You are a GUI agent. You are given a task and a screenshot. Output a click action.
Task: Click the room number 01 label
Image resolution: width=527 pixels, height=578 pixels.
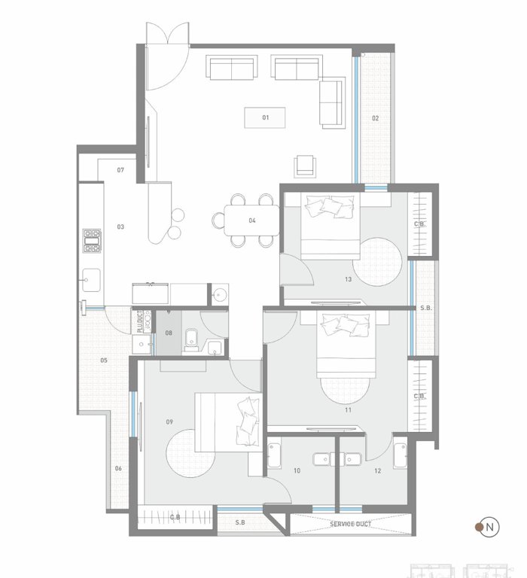(266, 118)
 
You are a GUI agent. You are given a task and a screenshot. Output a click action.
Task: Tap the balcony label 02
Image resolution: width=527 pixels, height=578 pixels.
(375, 118)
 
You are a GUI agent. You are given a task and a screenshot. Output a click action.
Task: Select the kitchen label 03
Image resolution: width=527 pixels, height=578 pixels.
(120, 226)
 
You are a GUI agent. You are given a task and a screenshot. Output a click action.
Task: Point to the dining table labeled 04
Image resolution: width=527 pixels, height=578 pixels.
(251, 221)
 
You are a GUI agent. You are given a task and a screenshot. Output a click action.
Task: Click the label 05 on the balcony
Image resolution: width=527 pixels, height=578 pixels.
(104, 360)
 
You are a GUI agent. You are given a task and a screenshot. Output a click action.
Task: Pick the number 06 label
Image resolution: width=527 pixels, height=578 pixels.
(118, 468)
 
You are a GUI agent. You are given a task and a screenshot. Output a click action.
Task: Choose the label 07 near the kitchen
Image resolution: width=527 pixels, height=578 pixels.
(120, 171)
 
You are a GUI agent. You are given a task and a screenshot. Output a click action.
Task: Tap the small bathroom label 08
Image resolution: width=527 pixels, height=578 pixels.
(169, 332)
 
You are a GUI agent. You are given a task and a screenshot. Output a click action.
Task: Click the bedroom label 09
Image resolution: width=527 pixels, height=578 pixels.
(170, 421)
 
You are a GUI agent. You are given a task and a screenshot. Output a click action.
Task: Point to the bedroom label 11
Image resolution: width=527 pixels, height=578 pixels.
(348, 410)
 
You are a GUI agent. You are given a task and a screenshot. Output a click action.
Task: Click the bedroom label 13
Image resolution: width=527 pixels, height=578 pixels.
(348, 279)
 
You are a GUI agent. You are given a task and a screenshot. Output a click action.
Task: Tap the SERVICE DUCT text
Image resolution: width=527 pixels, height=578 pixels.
(351, 523)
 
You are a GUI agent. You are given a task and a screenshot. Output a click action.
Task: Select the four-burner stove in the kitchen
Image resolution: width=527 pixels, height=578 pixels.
(92, 241)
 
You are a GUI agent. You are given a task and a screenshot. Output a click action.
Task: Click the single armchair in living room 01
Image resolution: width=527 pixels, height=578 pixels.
(304, 165)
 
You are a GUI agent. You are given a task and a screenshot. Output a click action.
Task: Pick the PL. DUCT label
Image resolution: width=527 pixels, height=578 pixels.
(140, 321)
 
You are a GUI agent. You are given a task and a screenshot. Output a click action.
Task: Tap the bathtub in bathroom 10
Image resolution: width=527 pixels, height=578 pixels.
(275, 457)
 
